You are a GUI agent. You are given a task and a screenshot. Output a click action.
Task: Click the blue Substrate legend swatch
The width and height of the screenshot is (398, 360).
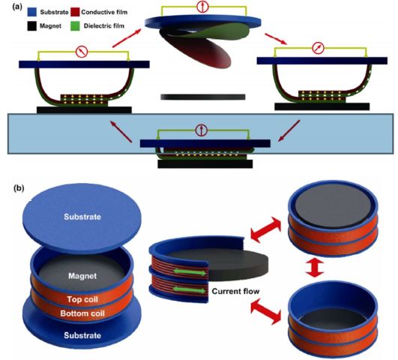point(31,12)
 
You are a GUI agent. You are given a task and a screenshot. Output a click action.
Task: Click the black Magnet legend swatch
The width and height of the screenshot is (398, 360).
point(31,26)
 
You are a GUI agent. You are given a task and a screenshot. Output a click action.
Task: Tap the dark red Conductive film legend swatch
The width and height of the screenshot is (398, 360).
point(76,12)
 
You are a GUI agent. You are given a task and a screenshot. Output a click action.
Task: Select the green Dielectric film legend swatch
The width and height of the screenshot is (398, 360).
point(76,26)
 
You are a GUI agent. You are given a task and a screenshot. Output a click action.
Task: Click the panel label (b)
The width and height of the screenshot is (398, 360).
point(19,188)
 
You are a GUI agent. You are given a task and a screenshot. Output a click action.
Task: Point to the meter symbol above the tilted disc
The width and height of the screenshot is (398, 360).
point(202,7)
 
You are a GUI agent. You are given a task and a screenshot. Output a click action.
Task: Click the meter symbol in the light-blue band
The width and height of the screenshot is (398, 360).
point(202,130)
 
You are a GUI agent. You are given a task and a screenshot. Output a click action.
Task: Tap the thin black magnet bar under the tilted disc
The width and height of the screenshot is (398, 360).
point(203,97)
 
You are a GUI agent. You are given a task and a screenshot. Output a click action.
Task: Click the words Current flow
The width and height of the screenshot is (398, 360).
point(235,291)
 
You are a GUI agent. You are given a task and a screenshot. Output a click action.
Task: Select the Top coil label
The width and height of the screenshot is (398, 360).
point(82,299)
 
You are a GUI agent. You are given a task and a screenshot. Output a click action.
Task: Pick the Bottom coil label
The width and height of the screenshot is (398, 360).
point(82,313)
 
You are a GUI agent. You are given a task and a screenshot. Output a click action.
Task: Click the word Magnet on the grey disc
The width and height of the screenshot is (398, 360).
point(82,276)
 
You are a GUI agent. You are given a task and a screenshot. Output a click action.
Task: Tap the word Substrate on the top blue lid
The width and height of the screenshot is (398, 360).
point(82,217)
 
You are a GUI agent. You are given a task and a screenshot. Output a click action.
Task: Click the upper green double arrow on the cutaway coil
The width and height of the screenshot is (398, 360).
point(190,272)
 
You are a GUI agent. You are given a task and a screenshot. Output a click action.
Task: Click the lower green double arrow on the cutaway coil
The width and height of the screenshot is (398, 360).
point(190,290)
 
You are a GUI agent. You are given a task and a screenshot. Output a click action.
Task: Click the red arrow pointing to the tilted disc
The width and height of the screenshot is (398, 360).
point(127,38)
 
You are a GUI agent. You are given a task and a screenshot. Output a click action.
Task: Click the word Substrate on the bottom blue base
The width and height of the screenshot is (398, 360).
point(82,335)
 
